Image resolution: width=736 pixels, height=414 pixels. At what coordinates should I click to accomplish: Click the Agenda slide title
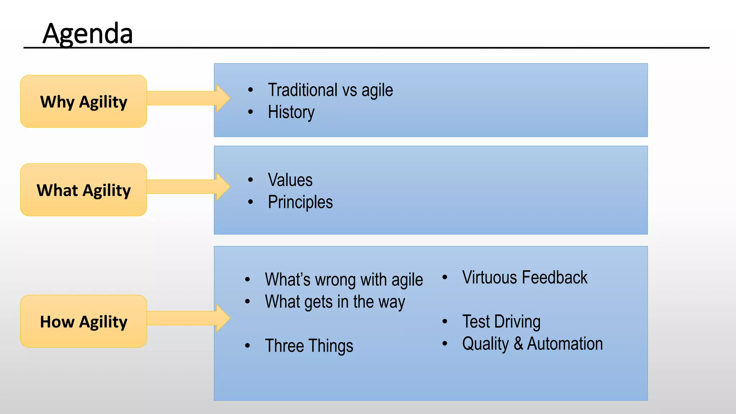(88, 33)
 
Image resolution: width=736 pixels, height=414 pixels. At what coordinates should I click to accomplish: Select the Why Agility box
(84, 102)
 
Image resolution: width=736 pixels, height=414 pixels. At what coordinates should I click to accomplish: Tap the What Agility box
(84, 190)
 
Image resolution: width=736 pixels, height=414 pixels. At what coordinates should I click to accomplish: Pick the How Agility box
(84, 322)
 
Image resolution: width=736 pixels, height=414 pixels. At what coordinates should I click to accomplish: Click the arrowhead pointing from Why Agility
(222, 98)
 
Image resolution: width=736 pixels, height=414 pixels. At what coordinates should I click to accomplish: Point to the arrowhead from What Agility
(222, 187)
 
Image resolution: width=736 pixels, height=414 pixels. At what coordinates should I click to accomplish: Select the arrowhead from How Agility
(222, 318)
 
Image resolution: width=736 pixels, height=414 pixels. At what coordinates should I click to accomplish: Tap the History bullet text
(291, 112)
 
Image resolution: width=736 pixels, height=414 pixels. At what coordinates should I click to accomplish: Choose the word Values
(290, 180)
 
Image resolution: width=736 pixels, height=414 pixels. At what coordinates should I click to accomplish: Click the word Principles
(300, 202)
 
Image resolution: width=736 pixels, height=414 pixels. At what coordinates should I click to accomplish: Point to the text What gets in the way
(335, 302)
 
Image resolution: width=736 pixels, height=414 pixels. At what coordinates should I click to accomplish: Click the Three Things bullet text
(309, 346)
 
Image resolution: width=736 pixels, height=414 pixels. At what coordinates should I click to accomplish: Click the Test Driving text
(501, 322)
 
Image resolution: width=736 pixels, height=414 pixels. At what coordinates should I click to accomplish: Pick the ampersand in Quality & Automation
(518, 344)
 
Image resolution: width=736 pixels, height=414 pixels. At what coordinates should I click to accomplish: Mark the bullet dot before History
(250, 112)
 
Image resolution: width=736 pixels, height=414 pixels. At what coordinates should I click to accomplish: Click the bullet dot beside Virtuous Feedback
(445, 277)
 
